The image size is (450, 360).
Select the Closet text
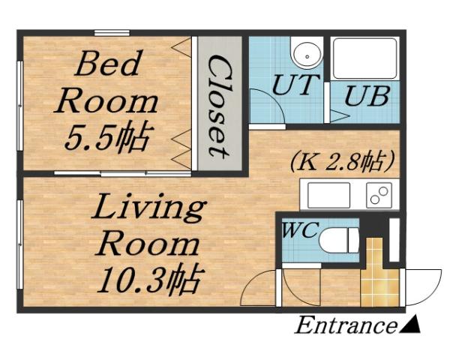pyautogui.click(x=218, y=105)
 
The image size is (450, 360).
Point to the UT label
pyautogui.click(x=295, y=84)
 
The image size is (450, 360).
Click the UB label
pyautogui.click(x=367, y=98)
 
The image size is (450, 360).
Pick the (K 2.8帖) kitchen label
pyautogui.click(x=341, y=161)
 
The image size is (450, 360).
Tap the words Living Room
pyautogui.click(x=147, y=225)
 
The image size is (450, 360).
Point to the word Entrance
pyautogui.click(x=344, y=326)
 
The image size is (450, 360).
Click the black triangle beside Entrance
pyautogui.click(x=410, y=325)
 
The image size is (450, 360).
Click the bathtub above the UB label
pyautogui.click(x=364, y=58)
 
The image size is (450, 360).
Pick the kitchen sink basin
pyautogui.click(x=328, y=194)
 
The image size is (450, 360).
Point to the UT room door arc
pyautogui.click(x=266, y=105)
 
